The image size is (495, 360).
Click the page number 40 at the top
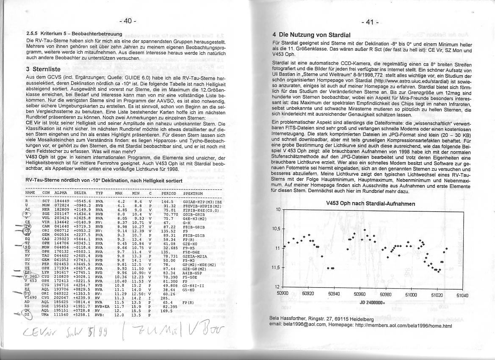click(x=127, y=21)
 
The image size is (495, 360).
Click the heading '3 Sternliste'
click(x=43, y=69)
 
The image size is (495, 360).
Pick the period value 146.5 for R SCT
click(x=168, y=202)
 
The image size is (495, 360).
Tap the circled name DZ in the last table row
click(x=28, y=315)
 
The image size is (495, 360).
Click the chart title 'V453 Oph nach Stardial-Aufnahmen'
click(x=371, y=204)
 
